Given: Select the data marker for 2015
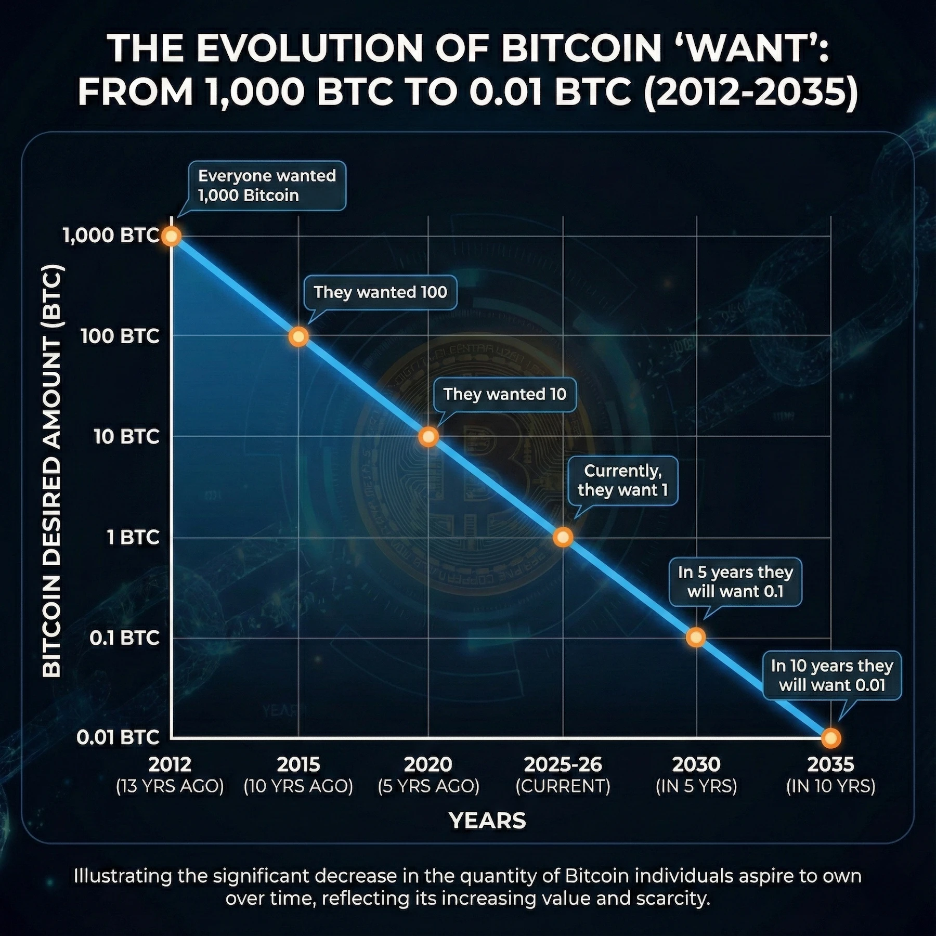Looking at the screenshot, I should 298,337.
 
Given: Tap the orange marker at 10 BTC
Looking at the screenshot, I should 428,437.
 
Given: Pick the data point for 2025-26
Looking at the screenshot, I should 563,537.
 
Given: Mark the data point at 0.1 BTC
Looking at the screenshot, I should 696,637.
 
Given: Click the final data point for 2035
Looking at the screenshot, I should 830,738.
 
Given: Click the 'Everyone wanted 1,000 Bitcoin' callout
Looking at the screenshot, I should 266,186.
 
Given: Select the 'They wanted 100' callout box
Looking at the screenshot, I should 380,292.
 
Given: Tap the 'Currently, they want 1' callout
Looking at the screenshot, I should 622,480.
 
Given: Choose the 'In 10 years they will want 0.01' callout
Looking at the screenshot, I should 831,675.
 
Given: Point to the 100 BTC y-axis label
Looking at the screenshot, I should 120,336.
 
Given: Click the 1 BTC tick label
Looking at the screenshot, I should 133,537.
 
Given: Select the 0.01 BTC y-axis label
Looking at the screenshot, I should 118,737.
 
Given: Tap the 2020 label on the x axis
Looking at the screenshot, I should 428,764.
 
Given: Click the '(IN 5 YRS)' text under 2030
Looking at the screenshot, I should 696,786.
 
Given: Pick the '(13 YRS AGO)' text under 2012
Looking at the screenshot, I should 170,786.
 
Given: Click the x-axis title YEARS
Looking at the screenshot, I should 487,821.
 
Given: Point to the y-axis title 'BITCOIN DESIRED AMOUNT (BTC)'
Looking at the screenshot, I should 52,471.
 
